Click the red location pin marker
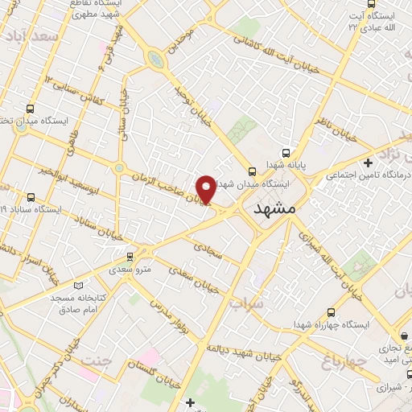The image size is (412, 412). tap(206, 189)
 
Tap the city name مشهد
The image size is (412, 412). tap(274, 208)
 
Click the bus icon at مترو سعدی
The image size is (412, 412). tap(128, 257)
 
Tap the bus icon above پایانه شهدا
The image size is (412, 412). tap(284, 152)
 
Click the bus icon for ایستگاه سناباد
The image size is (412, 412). tap(31, 196)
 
